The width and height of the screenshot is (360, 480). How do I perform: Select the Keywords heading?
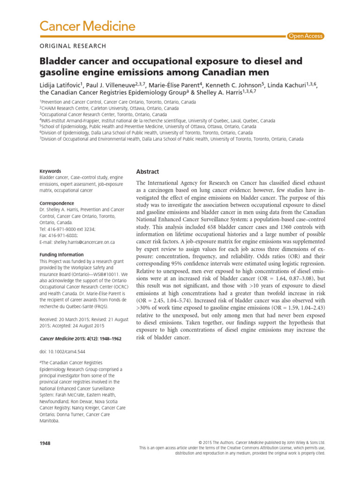(51, 171)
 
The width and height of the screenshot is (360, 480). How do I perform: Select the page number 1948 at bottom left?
(45, 443)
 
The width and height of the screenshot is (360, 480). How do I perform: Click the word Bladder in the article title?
(55, 61)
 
